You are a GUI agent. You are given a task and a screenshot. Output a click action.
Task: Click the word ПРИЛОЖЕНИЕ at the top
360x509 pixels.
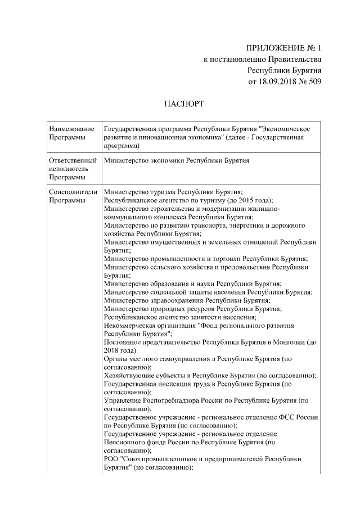pyautogui.click(x=271, y=48)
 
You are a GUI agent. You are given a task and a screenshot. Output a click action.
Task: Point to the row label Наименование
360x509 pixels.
pyautogui.click(x=72, y=129)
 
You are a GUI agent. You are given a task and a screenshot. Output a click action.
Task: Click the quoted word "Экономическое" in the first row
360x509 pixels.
pyautogui.click(x=287, y=129)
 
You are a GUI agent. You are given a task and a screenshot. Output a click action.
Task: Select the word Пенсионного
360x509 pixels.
pyautogui.click(x=125, y=443)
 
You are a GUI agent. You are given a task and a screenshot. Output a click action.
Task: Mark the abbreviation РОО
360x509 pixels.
pyautogui.click(x=113, y=460)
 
